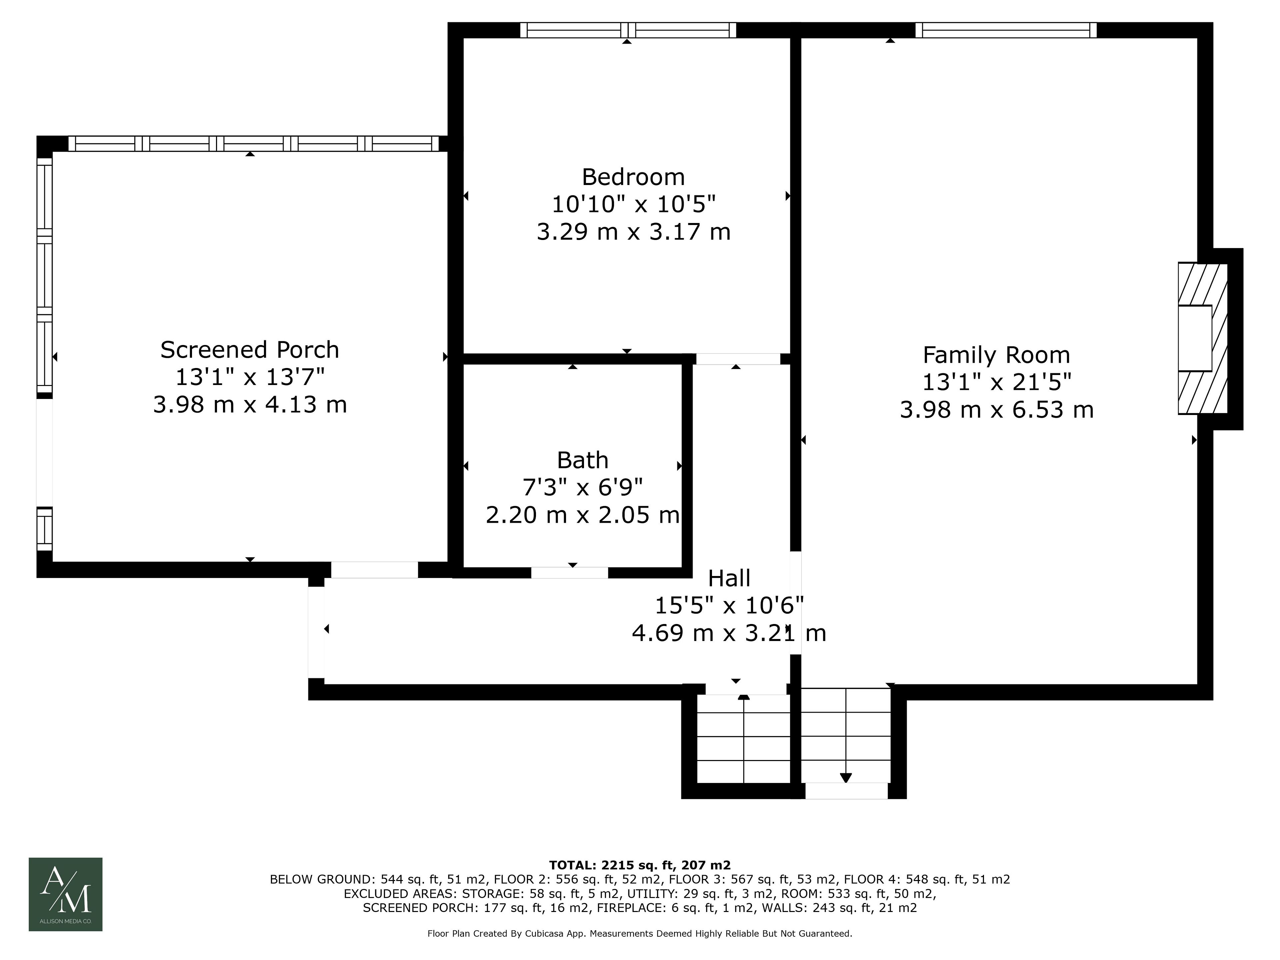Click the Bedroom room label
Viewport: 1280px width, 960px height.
point(633,176)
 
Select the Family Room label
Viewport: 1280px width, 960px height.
point(996,355)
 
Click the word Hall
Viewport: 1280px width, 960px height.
point(729,578)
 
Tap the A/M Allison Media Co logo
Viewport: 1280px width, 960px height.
point(65,894)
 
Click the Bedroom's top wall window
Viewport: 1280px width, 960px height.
point(628,30)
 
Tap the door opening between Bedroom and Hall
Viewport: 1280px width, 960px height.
point(738,359)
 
